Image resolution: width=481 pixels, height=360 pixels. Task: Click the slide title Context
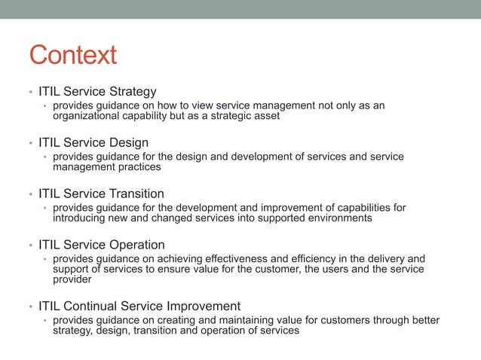point(73,55)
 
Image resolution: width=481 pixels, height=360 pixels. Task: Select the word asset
point(265,116)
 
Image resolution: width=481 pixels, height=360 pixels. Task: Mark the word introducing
point(81,218)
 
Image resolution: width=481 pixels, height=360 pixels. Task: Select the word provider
point(72,279)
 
